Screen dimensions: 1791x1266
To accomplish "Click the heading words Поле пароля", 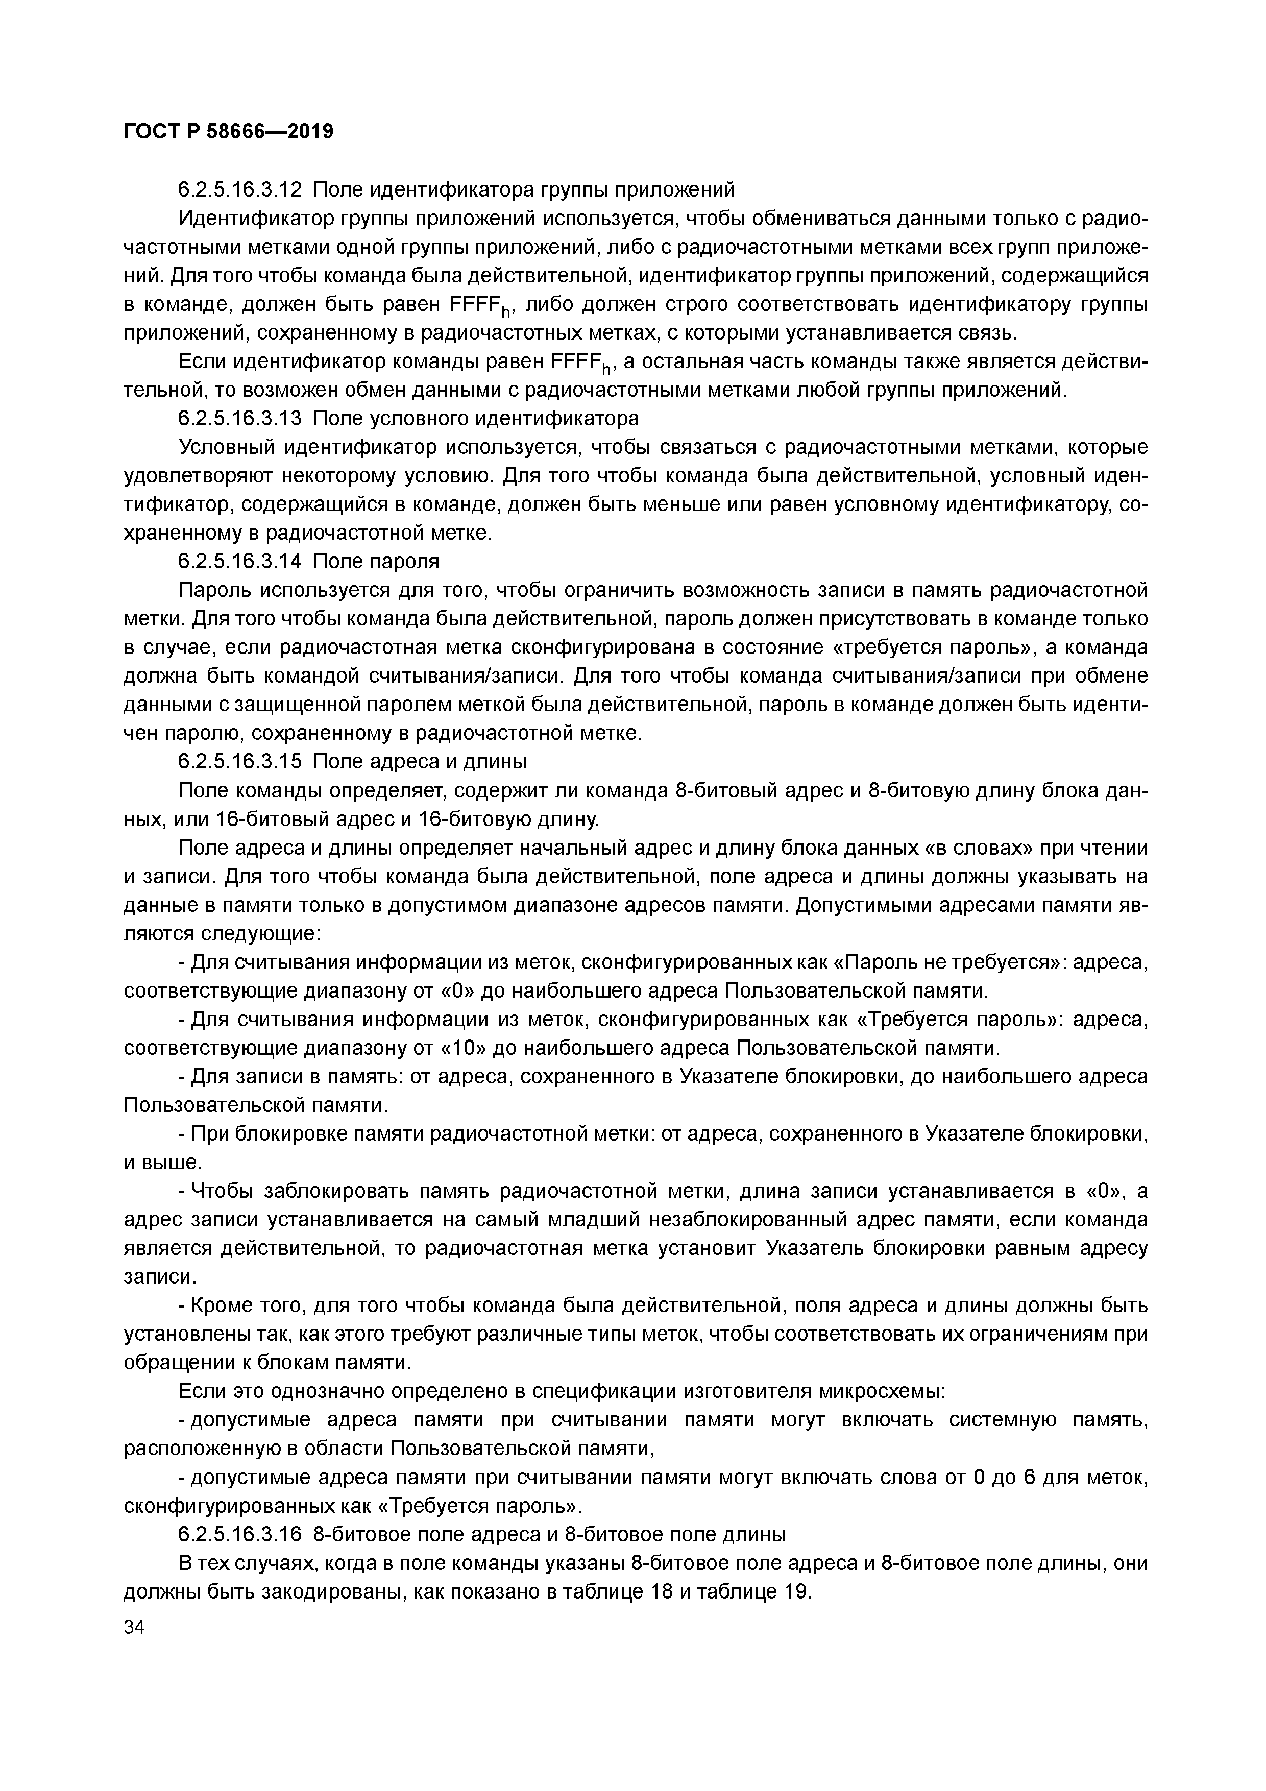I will [376, 561].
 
